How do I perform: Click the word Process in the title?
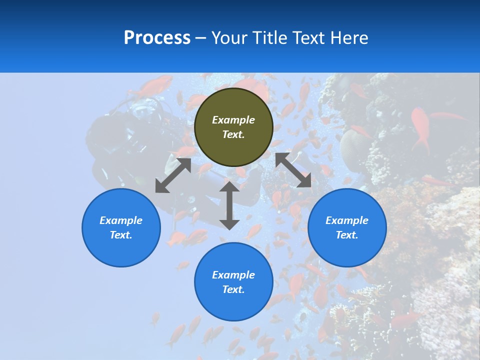point(157,38)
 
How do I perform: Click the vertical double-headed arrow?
point(229,205)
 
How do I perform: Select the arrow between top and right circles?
point(293,170)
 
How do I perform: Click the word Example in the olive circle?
point(233,120)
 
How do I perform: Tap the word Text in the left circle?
point(121,235)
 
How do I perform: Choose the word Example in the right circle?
point(347,220)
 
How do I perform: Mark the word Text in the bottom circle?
point(233,289)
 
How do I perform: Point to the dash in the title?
point(201,38)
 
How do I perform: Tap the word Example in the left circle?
point(121,220)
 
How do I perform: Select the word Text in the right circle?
point(347,235)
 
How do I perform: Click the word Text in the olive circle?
point(233,134)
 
